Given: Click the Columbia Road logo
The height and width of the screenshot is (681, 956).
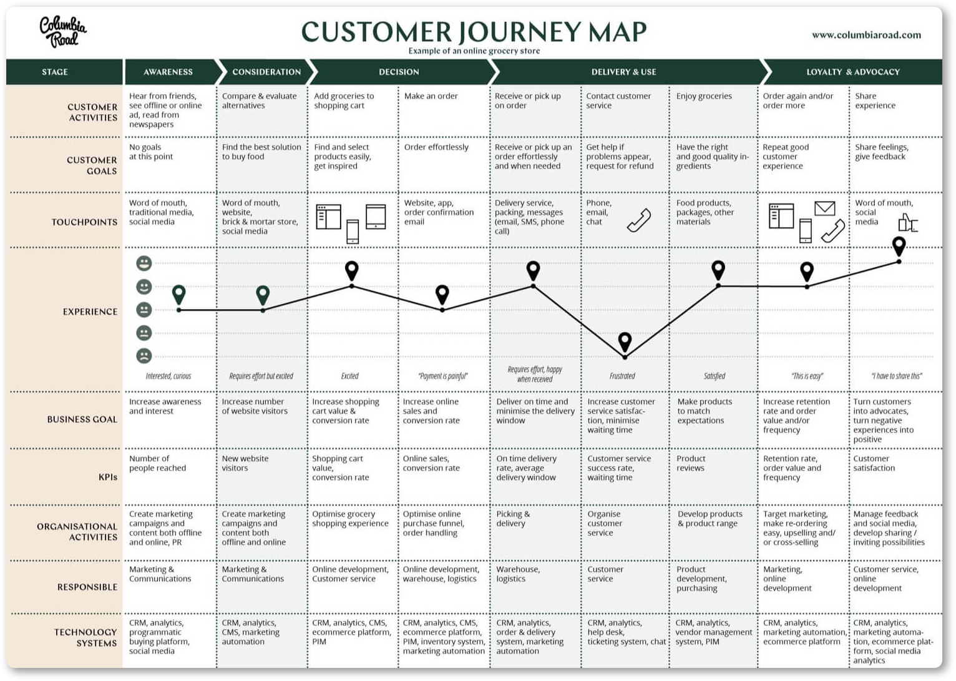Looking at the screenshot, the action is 63,32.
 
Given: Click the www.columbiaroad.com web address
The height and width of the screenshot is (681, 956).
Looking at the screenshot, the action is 866,35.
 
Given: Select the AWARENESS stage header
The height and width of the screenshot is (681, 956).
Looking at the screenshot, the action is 168,72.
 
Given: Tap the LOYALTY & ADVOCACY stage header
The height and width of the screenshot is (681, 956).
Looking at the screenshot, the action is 852,72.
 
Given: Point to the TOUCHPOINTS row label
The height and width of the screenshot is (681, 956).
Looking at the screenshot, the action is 84,222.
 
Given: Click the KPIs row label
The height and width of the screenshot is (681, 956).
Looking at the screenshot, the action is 107,477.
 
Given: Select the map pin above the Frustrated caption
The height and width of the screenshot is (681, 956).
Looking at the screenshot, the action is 625,341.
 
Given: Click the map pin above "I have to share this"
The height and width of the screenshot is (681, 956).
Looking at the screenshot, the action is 899,247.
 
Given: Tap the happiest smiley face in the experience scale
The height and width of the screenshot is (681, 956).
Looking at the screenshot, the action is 144,263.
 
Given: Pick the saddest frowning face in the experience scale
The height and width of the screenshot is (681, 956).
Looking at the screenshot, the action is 144,356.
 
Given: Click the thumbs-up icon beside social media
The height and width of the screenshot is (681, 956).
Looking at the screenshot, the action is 908,222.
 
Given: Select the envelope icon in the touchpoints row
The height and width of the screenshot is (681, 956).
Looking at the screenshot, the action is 824,208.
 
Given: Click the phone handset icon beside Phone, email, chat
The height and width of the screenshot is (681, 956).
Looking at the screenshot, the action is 639,220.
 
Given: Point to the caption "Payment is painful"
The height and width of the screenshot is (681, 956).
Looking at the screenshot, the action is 442,376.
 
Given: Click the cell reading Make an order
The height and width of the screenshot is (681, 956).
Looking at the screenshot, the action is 431,96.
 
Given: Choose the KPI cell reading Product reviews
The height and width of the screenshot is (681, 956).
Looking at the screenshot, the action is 691,463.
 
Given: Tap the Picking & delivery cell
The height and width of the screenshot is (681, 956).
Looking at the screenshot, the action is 513,518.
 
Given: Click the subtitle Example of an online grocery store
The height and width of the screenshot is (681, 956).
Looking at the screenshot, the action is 474,51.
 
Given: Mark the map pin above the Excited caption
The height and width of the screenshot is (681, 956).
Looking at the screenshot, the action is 352,271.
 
